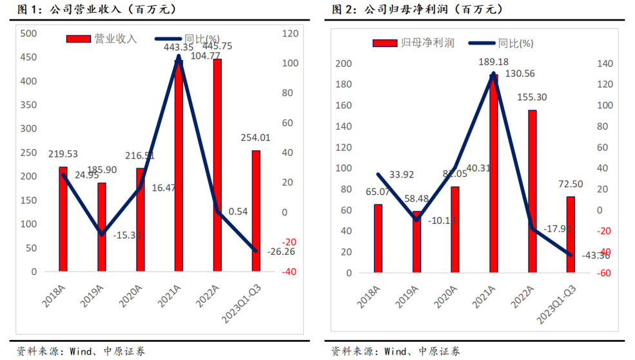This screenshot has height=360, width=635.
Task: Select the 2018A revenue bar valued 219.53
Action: click(x=63, y=219)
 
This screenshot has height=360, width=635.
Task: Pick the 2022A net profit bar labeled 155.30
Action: click(x=532, y=191)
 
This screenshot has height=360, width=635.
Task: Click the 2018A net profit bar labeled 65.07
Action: click(x=378, y=238)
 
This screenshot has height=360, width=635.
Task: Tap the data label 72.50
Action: click(x=570, y=185)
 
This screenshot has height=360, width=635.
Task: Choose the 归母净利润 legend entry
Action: click(x=413, y=43)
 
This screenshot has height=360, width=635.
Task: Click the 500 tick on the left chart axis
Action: click(x=28, y=34)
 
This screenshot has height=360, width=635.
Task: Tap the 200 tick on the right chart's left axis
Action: click(x=344, y=63)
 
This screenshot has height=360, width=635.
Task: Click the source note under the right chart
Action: click(x=396, y=352)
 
